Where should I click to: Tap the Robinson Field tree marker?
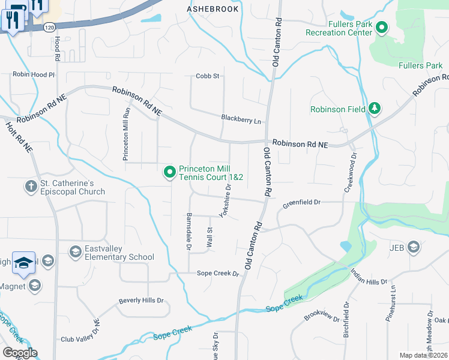[x=375, y=108]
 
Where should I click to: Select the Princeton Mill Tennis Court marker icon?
[x=170, y=173]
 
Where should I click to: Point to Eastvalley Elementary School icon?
[x=75, y=251]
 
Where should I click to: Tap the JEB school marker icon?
[x=413, y=247]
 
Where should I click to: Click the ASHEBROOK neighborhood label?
[x=212, y=9]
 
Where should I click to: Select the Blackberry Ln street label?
[x=241, y=119]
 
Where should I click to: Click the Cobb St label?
[x=208, y=76]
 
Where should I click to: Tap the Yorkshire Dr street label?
[x=225, y=200]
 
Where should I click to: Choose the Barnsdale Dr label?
[x=188, y=231]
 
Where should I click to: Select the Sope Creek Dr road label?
[x=218, y=274]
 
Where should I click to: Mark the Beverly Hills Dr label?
[x=141, y=301]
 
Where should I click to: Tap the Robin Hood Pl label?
[x=34, y=75]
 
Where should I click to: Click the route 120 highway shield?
[x=49, y=28]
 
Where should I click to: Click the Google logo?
[x=20, y=353]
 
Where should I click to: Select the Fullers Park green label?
[x=421, y=65]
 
